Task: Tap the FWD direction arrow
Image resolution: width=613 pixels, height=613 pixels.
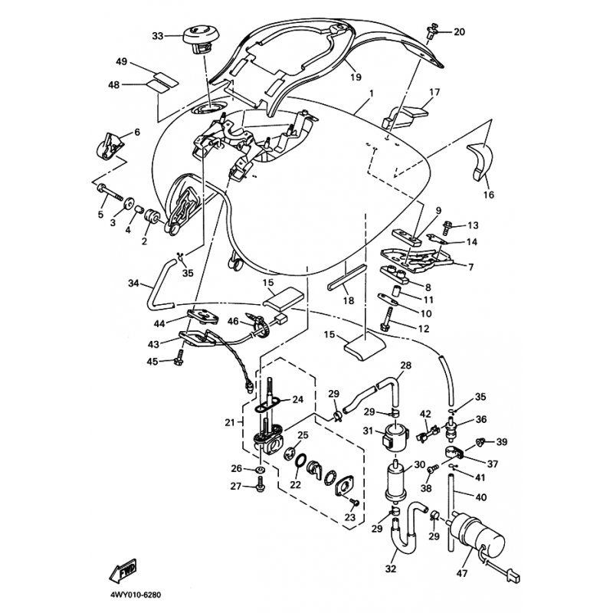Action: pos(123,569)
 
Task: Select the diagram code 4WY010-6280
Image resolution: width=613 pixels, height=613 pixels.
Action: pos(136,595)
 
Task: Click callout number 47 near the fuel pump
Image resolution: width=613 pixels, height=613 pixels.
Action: pos(462,573)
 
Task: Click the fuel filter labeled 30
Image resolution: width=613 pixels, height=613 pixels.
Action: pos(396,481)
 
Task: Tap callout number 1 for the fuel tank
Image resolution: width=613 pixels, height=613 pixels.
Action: pos(371,93)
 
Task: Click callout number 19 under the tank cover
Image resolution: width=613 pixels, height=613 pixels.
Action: pos(356,77)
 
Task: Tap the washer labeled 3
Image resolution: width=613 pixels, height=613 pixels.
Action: pos(128,205)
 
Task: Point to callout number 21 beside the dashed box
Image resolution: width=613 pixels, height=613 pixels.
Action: pos(229,422)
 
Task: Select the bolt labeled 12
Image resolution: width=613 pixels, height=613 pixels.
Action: pos(386,319)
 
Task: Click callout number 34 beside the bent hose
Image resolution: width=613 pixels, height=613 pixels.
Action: pos(133,283)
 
